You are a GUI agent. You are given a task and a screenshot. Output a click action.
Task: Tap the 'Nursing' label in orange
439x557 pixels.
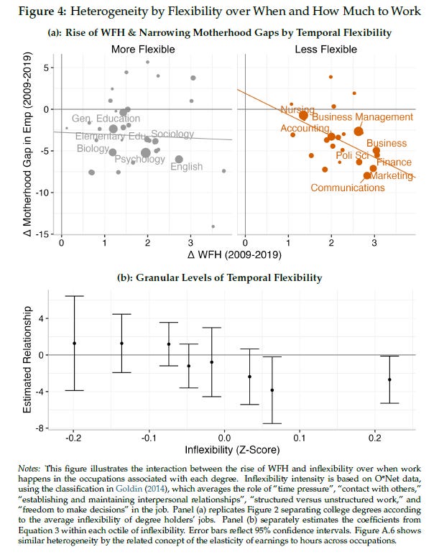(x=297, y=110)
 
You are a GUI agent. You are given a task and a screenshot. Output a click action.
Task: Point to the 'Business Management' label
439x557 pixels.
(x=363, y=117)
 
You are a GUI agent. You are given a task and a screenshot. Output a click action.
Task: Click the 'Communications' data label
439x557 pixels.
(x=347, y=188)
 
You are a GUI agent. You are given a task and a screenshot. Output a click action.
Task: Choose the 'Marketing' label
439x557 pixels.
(x=393, y=175)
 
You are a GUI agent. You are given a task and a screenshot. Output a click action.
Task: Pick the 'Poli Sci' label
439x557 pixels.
(x=353, y=155)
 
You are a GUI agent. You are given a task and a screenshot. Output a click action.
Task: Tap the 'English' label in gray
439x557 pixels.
(x=186, y=167)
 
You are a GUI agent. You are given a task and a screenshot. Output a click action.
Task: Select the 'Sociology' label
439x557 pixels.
(x=172, y=134)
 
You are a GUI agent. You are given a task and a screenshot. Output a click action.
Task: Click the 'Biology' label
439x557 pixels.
(x=93, y=148)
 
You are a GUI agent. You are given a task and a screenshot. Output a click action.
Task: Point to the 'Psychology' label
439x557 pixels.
(x=140, y=159)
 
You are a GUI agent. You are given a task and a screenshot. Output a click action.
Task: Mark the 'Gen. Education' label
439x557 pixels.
(x=106, y=119)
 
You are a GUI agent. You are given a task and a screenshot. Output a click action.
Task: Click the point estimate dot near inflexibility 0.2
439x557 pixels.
(x=389, y=379)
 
